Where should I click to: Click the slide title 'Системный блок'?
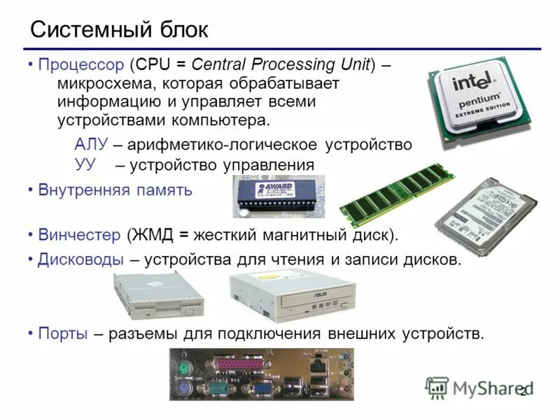[119, 29]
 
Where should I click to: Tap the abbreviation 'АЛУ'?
[91, 145]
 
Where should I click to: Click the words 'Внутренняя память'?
[115, 190]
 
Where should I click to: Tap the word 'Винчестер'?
[80, 233]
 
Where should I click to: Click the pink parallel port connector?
[238, 365]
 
